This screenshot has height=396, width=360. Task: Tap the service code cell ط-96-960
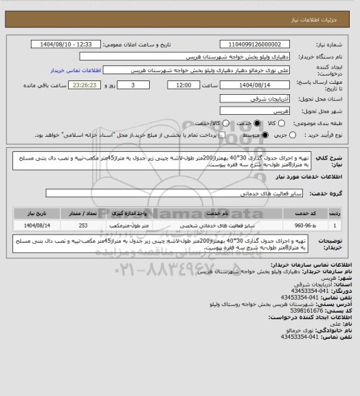tap(303, 225)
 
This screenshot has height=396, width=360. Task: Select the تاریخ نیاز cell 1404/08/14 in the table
tap(33, 225)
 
